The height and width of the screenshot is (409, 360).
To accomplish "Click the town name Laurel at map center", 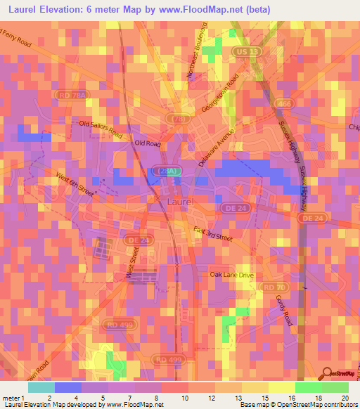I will pos(182,202).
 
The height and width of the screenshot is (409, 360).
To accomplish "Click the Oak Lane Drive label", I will pos(231,275).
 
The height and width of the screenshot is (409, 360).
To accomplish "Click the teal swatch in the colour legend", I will pos(41,387).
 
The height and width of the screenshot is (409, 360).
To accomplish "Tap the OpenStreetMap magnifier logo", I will pos(326,373).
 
